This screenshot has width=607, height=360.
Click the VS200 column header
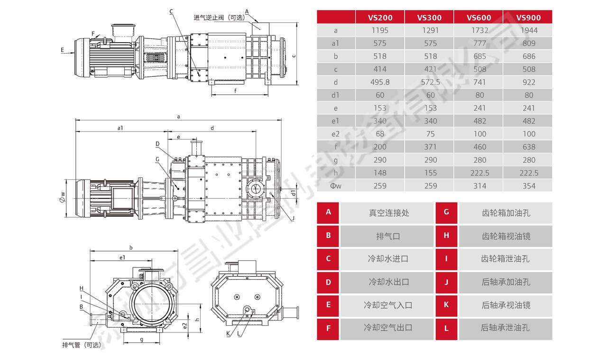(x=380, y=18)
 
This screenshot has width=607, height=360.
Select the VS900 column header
(x=528, y=18)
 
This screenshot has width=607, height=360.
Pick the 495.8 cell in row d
(x=380, y=82)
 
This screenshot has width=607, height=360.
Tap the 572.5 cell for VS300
(x=430, y=82)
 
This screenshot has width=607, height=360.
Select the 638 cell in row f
(x=528, y=147)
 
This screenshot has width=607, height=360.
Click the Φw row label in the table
(x=336, y=186)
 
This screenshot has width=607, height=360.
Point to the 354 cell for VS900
(x=528, y=186)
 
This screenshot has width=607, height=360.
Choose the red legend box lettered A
(x=328, y=212)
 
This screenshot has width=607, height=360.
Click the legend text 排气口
(x=388, y=236)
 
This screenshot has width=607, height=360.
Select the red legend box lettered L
(x=446, y=328)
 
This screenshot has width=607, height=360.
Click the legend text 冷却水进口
(x=388, y=259)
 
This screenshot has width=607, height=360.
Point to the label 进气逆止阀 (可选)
(x=219, y=18)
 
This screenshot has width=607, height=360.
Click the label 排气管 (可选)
(x=82, y=345)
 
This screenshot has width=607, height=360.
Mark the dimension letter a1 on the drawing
(x=120, y=128)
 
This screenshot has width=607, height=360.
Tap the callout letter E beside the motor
(x=62, y=49)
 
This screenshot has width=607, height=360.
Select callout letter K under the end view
(x=228, y=333)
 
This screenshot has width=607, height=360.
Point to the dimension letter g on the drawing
(x=142, y=339)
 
